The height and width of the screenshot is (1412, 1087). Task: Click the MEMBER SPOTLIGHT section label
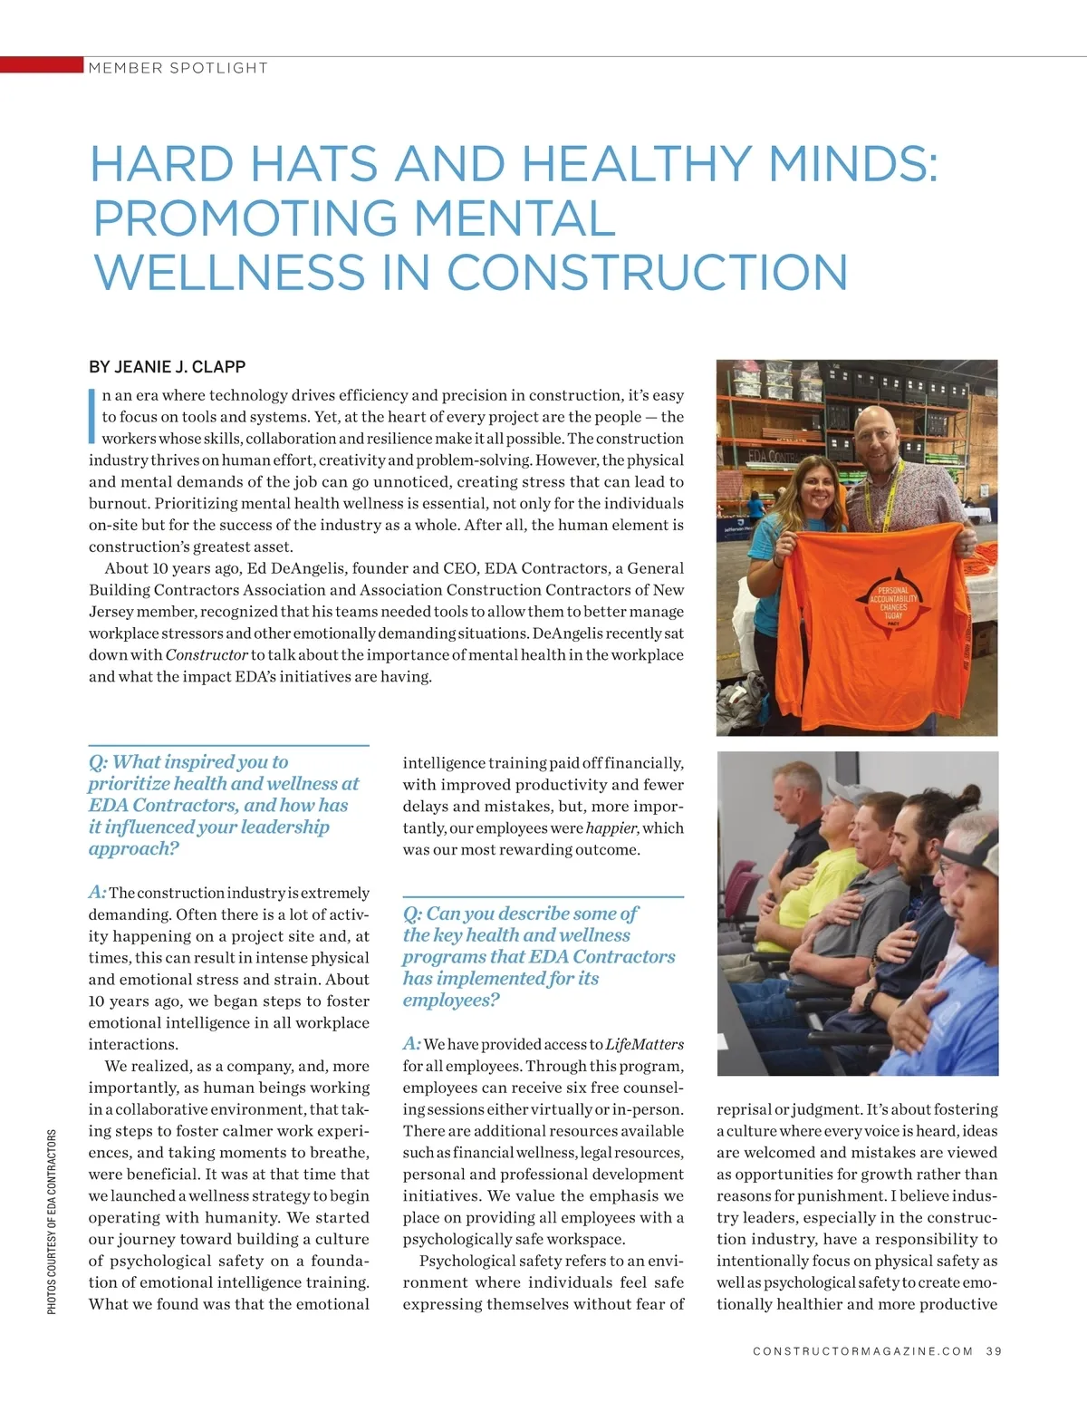click(178, 68)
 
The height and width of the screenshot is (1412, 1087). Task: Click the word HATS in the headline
click(312, 164)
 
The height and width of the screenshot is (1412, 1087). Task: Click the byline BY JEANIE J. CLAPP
click(167, 367)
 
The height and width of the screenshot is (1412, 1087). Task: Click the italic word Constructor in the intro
click(207, 655)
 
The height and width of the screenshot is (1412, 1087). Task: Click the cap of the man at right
click(973, 847)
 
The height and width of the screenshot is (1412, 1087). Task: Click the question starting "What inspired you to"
click(223, 805)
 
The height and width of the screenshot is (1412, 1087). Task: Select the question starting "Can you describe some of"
click(538, 956)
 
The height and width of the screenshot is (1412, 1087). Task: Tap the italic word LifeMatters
click(644, 1044)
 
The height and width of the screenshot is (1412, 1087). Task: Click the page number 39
click(994, 1351)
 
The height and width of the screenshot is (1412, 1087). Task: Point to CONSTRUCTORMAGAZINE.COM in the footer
click(862, 1351)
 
